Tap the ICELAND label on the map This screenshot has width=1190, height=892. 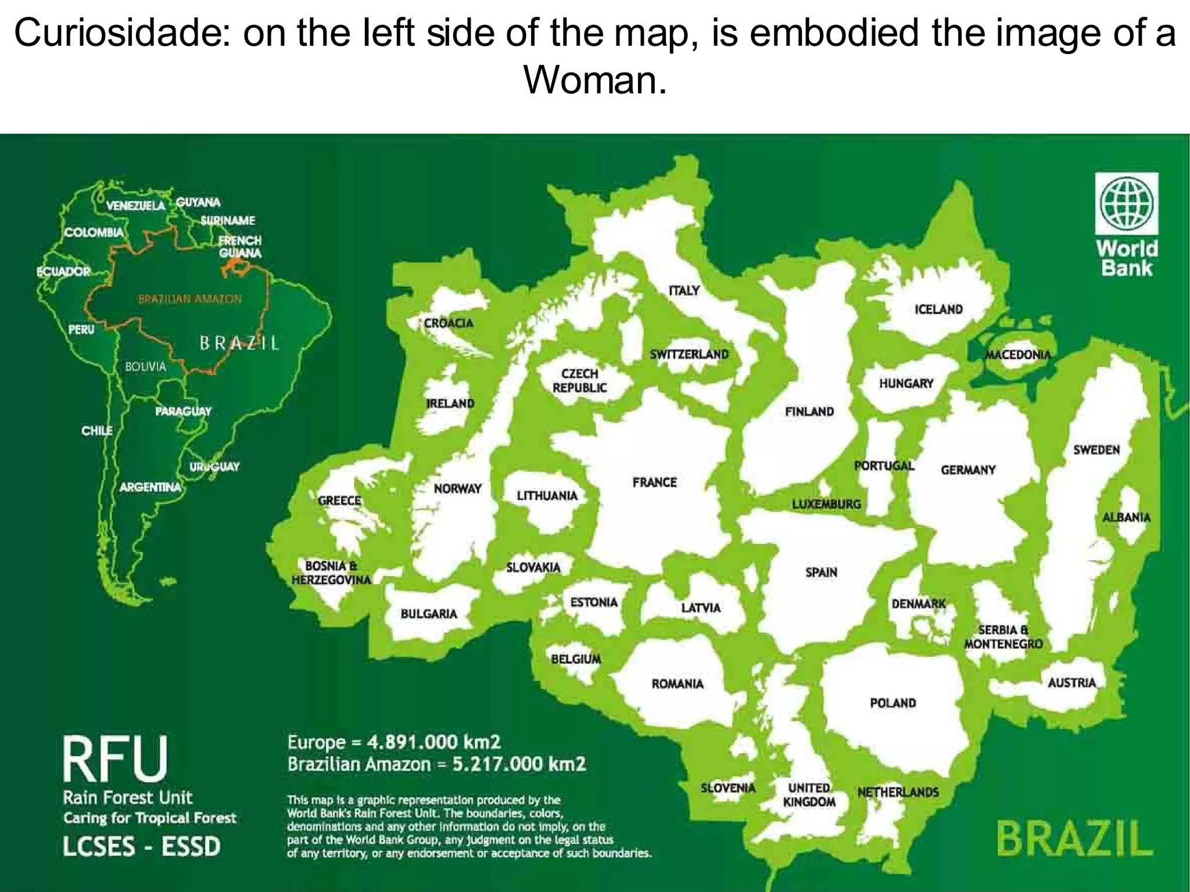pos(938,309)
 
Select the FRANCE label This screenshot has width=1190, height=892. pos(654,482)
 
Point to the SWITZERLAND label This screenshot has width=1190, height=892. pos(689,354)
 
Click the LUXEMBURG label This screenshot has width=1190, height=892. pos(826,504)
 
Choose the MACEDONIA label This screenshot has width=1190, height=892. pos(1018,354)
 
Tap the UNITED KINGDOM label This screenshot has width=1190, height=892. pos(809,795)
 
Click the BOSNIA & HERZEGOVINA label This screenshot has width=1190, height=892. pos(331,573)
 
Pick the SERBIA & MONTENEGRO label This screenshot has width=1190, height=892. pos(1003,637)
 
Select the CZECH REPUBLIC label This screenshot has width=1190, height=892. pos(579,380)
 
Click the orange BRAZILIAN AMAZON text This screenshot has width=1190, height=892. pos(189,299)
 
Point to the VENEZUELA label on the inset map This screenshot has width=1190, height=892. pos(136,206)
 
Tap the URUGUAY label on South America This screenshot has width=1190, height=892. pos(214,467)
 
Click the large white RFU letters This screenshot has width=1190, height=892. pos(115,758)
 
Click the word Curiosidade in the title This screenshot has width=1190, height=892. pos(120,33)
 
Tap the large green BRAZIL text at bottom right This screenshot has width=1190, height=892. pos(1074,840)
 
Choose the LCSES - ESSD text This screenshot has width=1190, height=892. pos(142,846)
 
